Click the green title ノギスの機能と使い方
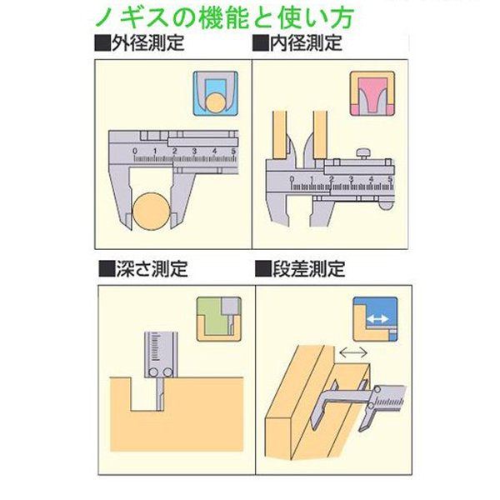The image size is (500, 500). tap(225, 17)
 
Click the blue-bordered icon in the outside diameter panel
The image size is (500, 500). tap(216, 93)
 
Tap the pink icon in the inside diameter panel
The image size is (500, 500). tap(372, 93)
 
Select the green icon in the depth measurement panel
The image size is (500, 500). tap(218, 319)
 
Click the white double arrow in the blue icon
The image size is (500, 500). tap(377, 318)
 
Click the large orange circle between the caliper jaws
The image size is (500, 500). tap(151, 212)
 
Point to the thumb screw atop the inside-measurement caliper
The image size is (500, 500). tap(363, 153)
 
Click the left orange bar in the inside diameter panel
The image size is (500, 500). tap(279, 135)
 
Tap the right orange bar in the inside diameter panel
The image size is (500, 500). tap(320, 135)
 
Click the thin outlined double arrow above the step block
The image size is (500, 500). tap(353, 352)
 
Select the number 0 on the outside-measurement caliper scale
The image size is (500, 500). tap(134, 151)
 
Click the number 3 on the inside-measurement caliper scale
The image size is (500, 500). tap(352, 179)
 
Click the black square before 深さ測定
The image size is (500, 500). tap(107, 268)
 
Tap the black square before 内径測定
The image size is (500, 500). tap(261, 43)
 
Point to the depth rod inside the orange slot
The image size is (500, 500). tap(160, 394)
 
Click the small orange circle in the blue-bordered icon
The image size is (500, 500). tap(216, 102)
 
